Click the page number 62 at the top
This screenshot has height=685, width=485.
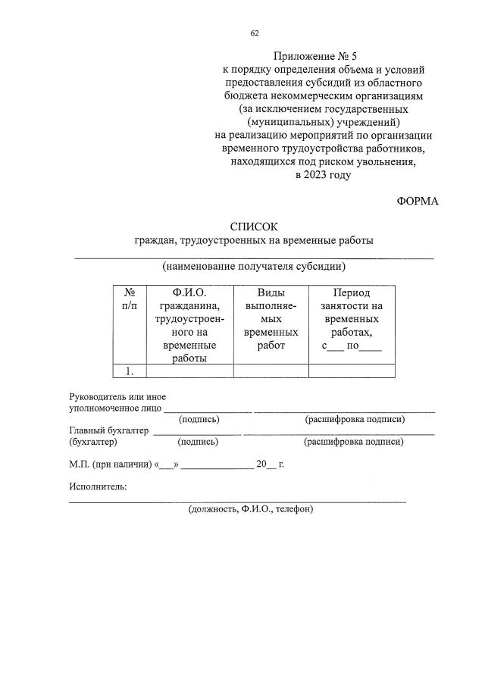[x=255, y=33]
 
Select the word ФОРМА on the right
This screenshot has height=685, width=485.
[x=417, y=201]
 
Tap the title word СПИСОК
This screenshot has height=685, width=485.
[x=254, y=227]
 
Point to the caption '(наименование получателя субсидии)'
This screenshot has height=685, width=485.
[x=254, y=266]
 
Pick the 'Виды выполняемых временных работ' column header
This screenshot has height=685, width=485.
[x=271, y=319]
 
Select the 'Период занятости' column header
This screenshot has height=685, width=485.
[x=352, y=319]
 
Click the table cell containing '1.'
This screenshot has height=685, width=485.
[x=130, y=371]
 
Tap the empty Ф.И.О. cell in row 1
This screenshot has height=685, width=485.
[x=189, y=371]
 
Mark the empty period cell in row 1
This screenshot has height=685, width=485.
[x=352, y=371]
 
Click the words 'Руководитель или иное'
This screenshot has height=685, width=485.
[x=117, y=397]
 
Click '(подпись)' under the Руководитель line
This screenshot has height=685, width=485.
[x=199, y=419]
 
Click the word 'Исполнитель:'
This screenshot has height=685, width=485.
[x=98, y=486]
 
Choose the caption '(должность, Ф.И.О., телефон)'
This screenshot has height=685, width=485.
[x=251, y=509]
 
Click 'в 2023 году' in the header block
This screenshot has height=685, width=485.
[x=323, y=174]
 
